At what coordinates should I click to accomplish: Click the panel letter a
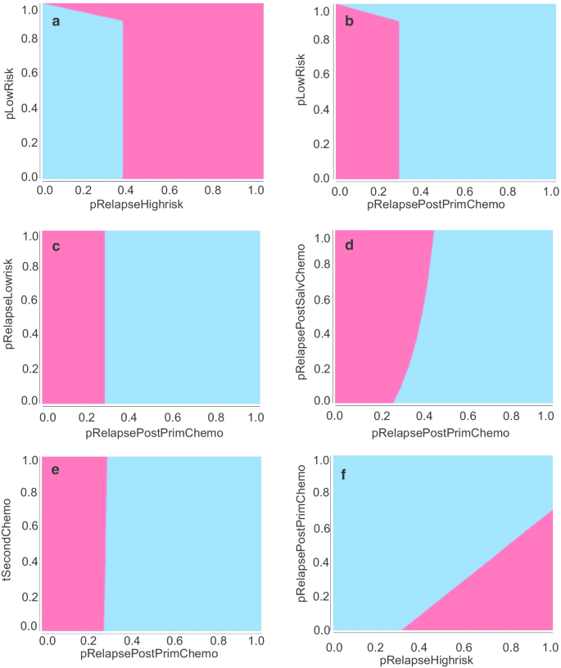pyautogui.click(x=56, y=21)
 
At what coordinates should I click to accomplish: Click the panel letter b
pyautogui.click(x=350, y=21)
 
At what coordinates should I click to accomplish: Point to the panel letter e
pyautogui.click(x=56, y=472)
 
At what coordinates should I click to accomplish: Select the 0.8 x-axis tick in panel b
pyautogui.click(x=508, y=190)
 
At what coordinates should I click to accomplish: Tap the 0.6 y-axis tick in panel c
pyautogui.click(x=29, y=299)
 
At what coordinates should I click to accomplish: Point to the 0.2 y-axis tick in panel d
pyautogui.click(x=322, y=368)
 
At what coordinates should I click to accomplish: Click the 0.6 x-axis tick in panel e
pyautogui.click(x=173, y=641)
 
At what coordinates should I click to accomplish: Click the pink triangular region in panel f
pyautogui.click(x=500, y=589)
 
